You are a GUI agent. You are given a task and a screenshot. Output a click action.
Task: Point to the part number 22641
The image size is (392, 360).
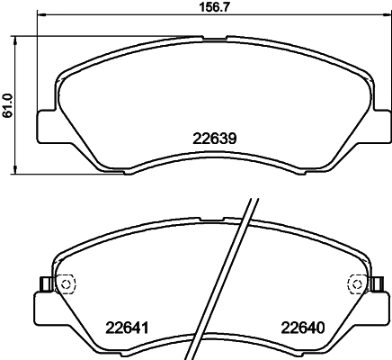pos(127,328)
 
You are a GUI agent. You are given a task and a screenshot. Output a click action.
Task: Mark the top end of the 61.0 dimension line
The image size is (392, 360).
pos(20,37)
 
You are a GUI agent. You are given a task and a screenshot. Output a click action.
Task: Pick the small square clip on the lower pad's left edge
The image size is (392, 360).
pos(41,284)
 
